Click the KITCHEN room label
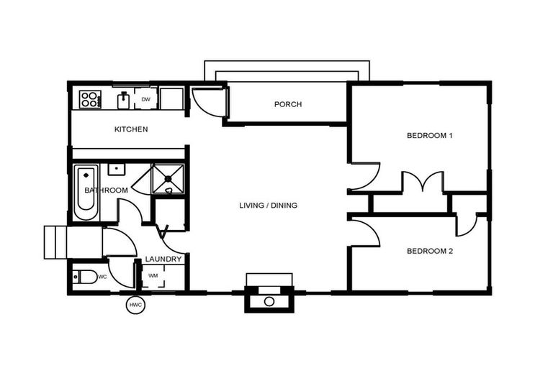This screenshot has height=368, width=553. [131, 129]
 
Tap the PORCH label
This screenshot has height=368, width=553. [288, 104]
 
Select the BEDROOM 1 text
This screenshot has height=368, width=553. [429, 135]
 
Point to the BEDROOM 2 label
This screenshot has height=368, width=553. [429, 251]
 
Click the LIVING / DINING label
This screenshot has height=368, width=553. [268, 206]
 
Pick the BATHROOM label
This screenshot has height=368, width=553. [107, 190]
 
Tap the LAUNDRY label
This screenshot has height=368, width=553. [163, 259]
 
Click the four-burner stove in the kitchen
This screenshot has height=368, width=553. [90, 98]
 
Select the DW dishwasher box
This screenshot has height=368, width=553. [145, 99]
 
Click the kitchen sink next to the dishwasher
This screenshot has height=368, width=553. [123, 99]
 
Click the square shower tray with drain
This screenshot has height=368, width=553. [168, 178]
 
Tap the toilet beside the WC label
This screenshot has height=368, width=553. [85, 276]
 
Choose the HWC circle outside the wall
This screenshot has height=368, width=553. [135, 305]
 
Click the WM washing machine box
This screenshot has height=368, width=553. [153, 276]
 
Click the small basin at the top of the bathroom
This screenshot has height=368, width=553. [115, 170]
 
